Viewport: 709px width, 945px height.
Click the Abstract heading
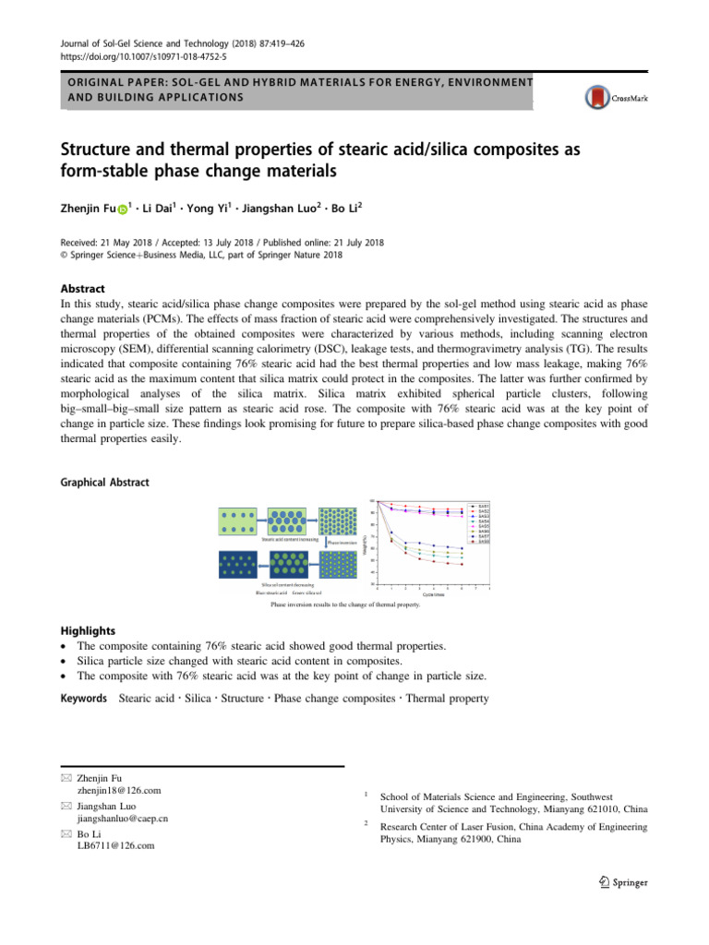(82, 289)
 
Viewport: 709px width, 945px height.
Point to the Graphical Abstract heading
(104, 482)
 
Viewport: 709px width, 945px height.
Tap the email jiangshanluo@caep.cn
(125, 818)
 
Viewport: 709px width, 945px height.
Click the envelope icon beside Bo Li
(65, 833)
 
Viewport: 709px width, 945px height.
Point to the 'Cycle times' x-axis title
(435, 595)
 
